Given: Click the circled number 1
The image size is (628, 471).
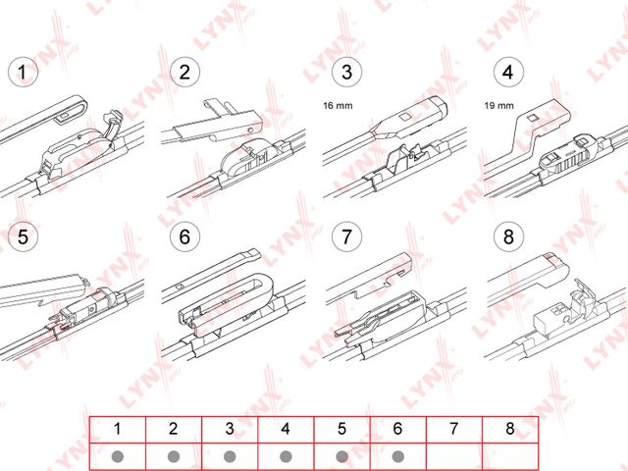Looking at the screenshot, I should [x=21, y=73].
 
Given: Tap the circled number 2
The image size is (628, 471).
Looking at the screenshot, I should [x=183, y=73].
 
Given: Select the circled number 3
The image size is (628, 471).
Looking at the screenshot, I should [x=345, y=73].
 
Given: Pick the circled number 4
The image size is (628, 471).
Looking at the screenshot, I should [x=506, y=73].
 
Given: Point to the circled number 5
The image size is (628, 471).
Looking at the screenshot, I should [x=21, y=236].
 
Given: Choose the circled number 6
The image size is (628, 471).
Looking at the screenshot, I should [x=183, y=236].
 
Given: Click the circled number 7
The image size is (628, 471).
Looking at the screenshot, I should [x=345, y=236].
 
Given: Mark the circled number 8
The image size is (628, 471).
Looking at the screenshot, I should [x=506, y=236].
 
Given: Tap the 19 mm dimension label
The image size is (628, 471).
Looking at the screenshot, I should [x=497, y=102].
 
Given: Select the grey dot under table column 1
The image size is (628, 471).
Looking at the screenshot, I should [x=118, y=456].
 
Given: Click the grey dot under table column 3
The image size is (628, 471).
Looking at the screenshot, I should [x=230, y=456].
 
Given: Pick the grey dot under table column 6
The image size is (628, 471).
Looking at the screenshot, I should [x=398, y=456].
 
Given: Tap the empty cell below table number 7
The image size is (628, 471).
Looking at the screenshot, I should [x=454, y=456].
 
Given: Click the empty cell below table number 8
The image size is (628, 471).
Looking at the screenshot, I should [x=510, y=456].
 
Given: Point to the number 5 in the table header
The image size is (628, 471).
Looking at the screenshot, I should [x=341, y=429].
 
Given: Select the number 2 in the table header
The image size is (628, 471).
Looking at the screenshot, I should [x=174, y=429].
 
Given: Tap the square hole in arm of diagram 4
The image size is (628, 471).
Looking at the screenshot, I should [x=531, y=119].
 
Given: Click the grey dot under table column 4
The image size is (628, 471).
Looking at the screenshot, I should [x=286, y=456].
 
